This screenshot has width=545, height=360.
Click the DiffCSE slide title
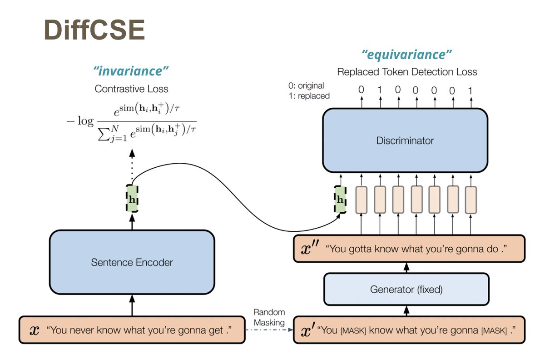coord(94,30)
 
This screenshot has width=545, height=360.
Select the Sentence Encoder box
coord(132,262)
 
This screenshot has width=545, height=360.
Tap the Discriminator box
coord(405,140)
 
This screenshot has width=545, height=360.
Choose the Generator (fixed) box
coord(406,289)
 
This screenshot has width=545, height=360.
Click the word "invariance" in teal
coord(131,71)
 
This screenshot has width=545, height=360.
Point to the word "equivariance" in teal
coord(407,55)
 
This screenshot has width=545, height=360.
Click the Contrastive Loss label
coord(131,89)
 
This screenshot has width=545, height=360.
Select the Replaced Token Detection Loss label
coord(407,72)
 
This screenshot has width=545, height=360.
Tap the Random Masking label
coord(269,317)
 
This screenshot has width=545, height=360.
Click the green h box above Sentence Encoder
coord(132,199)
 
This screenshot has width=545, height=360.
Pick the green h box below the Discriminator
coord(339,199)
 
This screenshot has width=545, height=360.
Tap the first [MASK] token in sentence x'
coord(354,330)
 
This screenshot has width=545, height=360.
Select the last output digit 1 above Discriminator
coord(470,90)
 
